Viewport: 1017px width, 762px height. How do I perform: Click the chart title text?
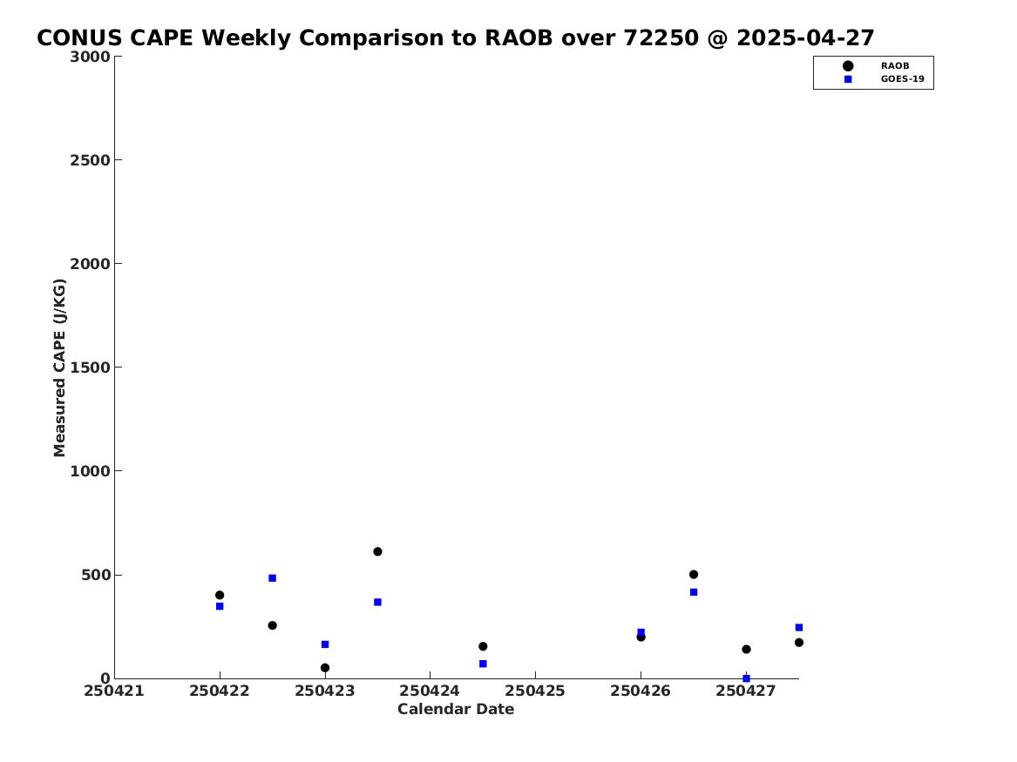pos(455,38)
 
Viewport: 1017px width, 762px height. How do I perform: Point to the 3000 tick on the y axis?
pos(90,57)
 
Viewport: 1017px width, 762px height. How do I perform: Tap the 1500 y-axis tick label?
pos(90,368)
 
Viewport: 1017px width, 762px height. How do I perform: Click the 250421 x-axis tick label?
pos(114,691)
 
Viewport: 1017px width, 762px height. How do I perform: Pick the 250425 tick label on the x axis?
pos(535,691)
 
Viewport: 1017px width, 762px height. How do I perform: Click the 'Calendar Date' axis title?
pos(455,710)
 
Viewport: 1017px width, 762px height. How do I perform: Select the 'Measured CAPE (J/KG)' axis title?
pos(59,368)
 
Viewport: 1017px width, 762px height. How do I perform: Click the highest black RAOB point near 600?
pos(377,551)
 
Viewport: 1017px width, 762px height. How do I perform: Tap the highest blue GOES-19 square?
pos(273,578)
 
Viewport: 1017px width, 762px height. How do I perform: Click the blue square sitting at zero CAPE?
pos(746,678)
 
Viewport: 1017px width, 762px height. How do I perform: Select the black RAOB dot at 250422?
pos(220,595)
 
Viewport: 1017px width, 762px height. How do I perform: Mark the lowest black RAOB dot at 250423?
pos(325,667)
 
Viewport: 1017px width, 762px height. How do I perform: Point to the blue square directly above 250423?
pos(325,644)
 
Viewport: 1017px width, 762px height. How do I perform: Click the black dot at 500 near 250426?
pos(694,574)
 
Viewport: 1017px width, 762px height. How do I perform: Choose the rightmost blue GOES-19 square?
pos(799,627)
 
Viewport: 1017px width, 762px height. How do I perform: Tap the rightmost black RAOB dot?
pos(799,642)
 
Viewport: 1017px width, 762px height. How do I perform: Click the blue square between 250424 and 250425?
pos(483,664)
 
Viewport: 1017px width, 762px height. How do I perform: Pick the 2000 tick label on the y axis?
pos(90,264)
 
